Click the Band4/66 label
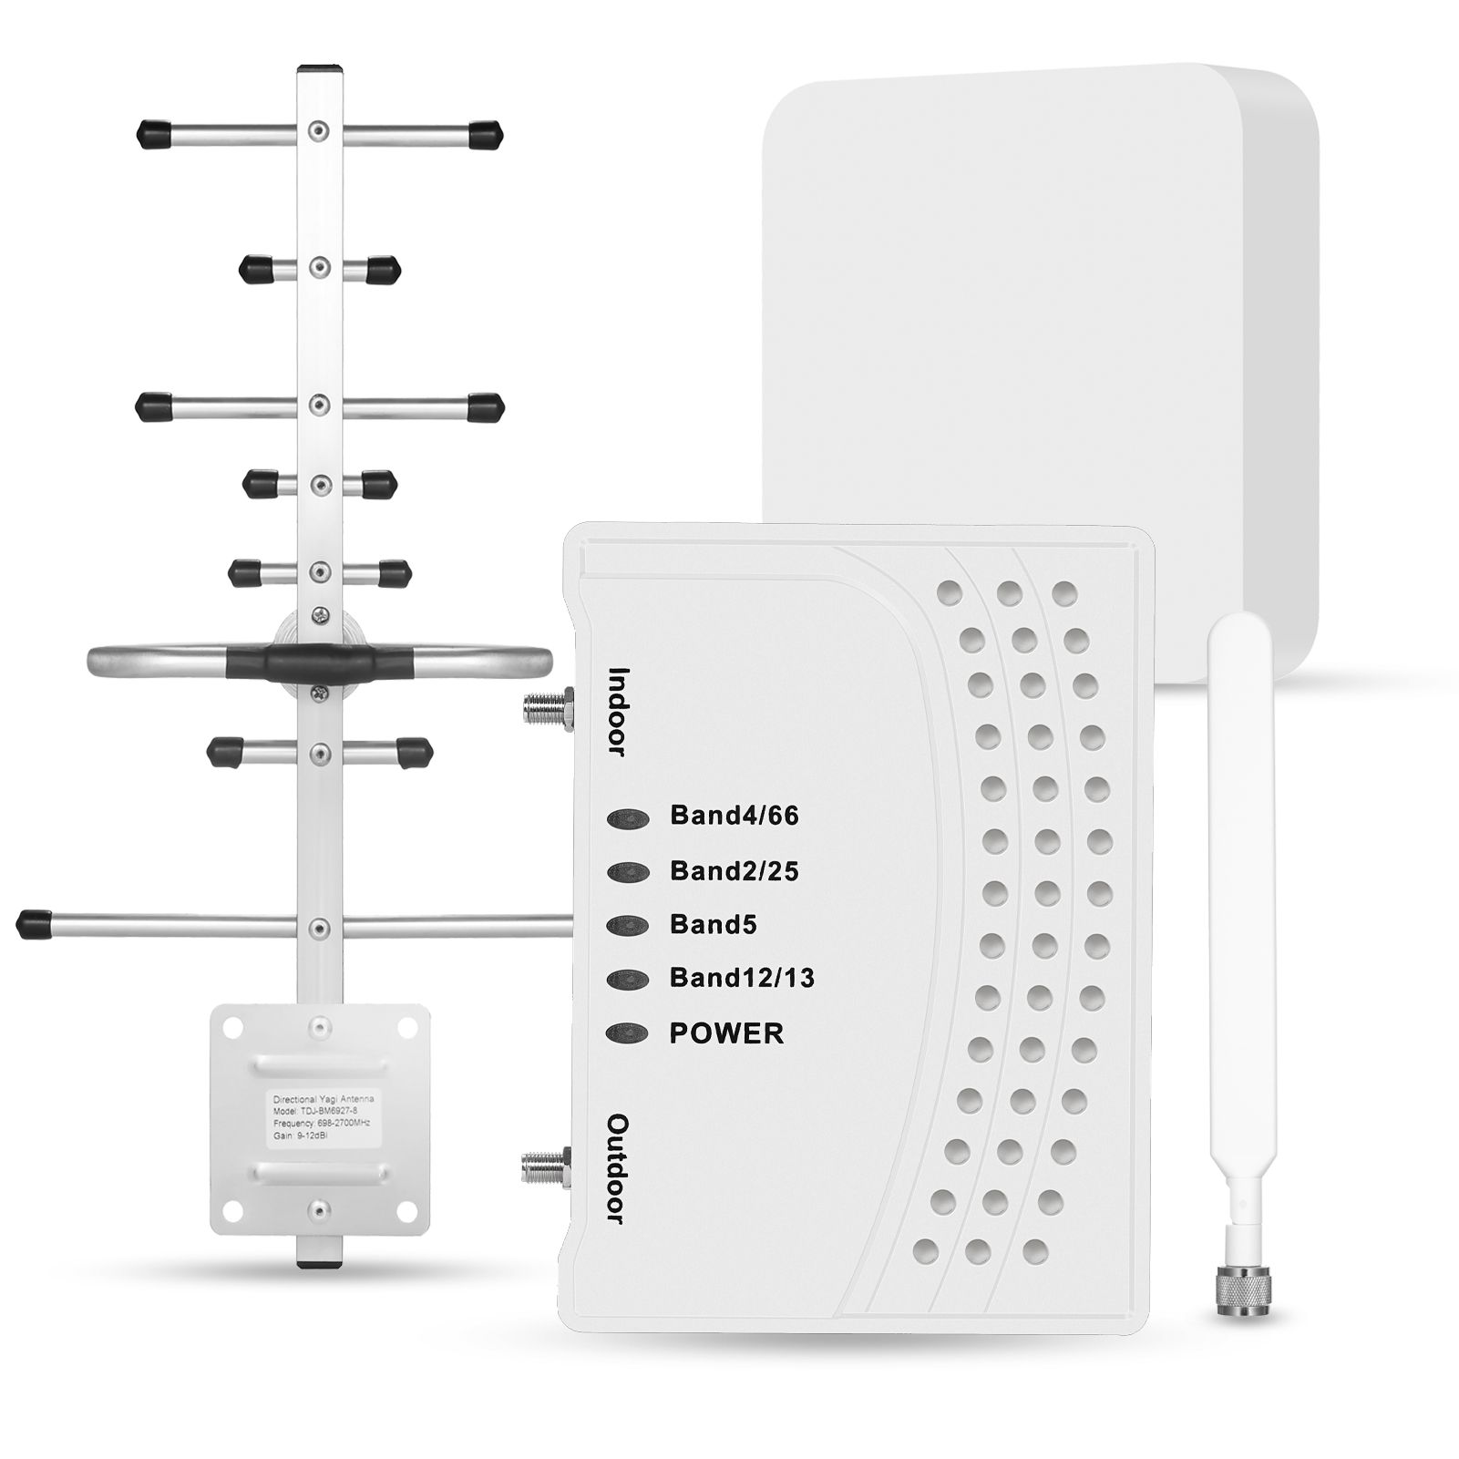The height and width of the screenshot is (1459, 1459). point(734,815)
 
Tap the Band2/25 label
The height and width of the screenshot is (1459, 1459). point(734,871)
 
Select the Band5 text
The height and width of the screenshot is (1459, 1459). point(713,925)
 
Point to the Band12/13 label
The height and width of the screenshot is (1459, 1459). point(742,978)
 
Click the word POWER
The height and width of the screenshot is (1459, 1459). point(726,1033)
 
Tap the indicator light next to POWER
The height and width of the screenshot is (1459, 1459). point(627,1033)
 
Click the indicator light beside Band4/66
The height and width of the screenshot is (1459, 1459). point(628,819)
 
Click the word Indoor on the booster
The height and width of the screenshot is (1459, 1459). point(619,712)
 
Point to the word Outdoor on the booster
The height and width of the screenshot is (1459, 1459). point(618,1168)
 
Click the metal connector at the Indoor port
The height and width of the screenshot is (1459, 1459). point(548,707)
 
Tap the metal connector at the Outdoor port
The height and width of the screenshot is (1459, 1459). point(546,1166)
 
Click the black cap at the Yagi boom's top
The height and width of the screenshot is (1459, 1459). point(320,69)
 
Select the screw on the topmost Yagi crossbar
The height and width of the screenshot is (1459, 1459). point(318,131)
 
